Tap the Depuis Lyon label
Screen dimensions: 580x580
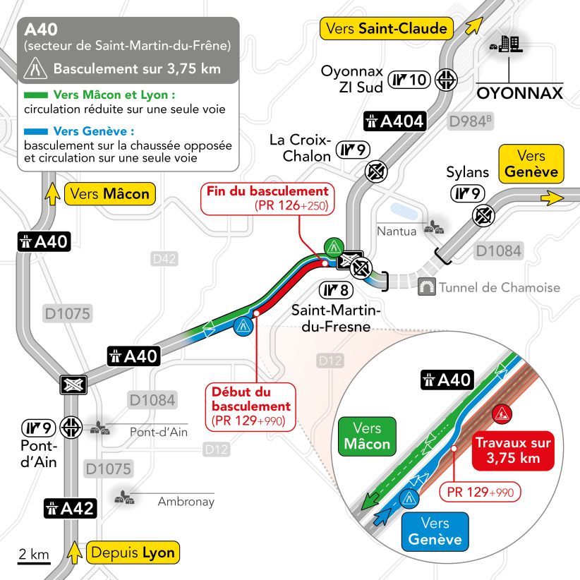(133, 552)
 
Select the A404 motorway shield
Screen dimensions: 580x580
(394, 121)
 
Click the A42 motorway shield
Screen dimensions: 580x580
(70, 507)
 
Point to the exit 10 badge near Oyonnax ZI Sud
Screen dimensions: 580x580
(411, 80)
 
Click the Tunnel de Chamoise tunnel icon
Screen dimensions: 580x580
(426, 287)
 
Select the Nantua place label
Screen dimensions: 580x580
(396, 231)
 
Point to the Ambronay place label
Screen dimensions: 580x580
(186, 502)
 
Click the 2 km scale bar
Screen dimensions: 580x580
(34, 560)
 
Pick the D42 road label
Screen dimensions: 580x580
(164, 260)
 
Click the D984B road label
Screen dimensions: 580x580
(471, 121)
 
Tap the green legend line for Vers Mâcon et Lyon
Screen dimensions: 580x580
(35, 94)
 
